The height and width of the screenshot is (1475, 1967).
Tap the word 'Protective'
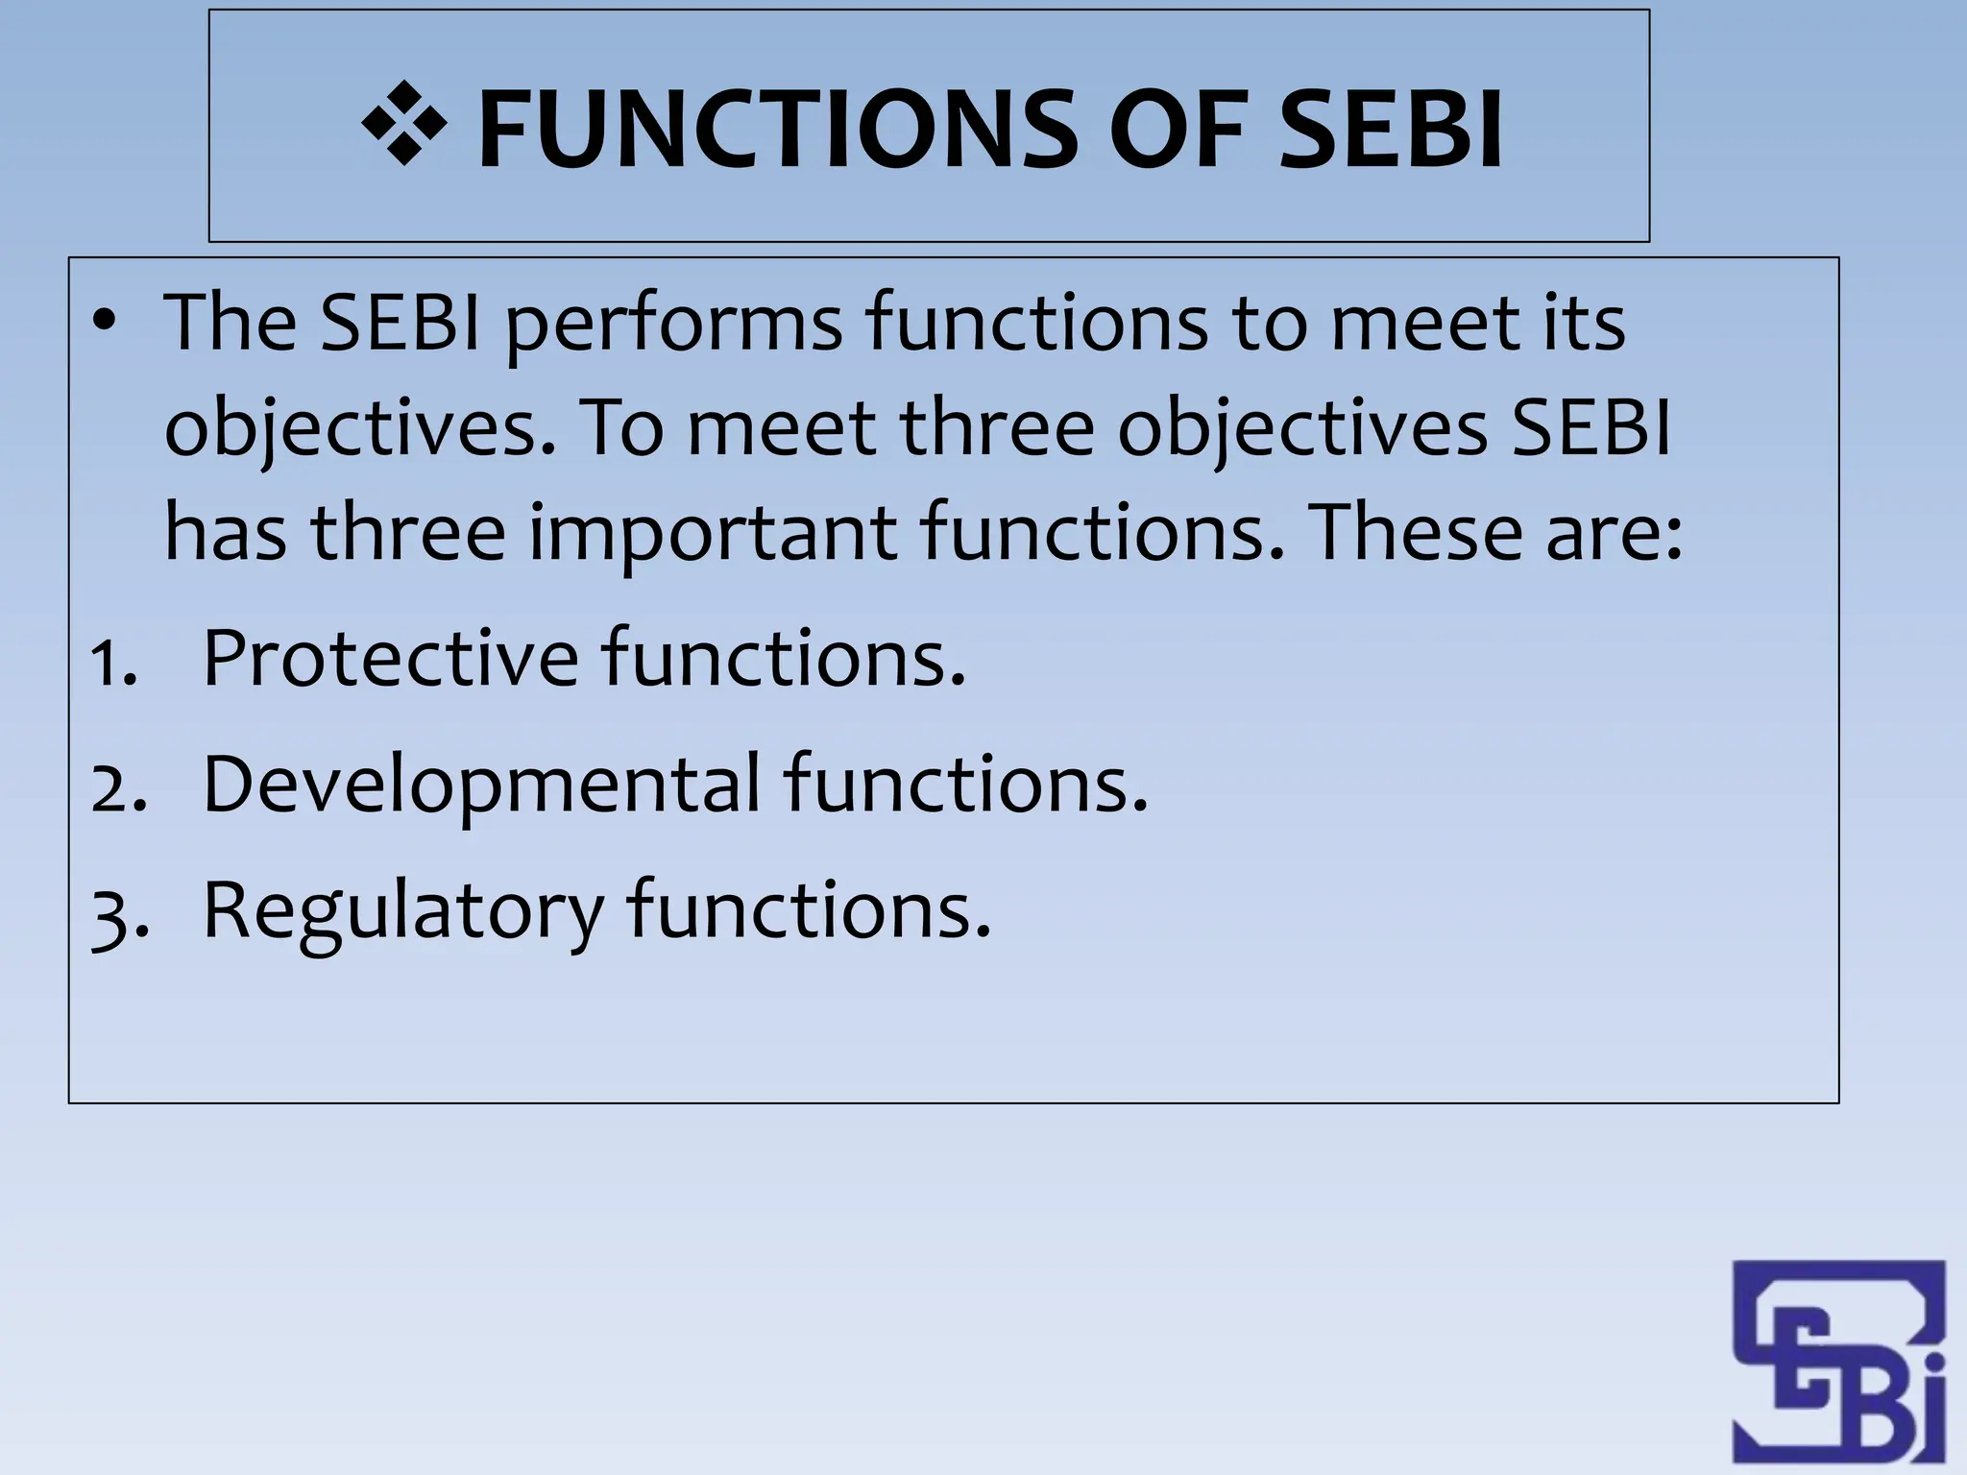tap(391, 658)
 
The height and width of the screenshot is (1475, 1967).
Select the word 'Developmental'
tap(481, 786)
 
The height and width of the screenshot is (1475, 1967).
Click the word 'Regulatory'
tap(404, 912)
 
